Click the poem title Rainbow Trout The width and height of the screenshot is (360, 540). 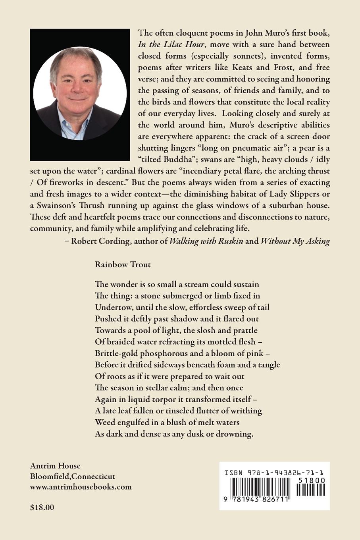tap(123, 264)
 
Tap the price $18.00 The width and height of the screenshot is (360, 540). tap(42, 507)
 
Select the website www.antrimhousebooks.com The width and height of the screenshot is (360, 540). tap(81, 487)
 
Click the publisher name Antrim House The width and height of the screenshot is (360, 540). tap(55, 466)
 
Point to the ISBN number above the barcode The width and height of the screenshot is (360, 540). tap(273, 473)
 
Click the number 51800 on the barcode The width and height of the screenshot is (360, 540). tap(311, 480)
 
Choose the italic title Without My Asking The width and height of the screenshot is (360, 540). tap(295, 241)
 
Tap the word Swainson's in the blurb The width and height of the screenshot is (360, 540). tap(57, 206)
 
